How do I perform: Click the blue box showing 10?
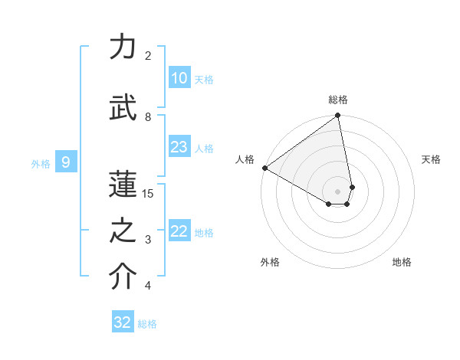coord(179,78)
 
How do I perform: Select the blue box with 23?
coord(179,147)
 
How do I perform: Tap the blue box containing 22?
coord(179,232)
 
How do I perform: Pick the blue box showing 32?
coord(123,322)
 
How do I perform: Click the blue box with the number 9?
coord(67,162)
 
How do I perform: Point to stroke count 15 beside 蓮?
coord(148,193)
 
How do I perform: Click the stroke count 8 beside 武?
coord(148,116)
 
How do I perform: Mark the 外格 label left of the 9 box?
coord(41,163)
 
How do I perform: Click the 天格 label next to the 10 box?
coord(204,80)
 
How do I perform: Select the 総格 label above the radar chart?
coord(338,100)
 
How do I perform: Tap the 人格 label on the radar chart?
coord(245,159)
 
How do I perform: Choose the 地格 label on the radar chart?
coord(402,262)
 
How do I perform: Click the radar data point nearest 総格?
coord(338,116)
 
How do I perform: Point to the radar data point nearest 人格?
coord(264,168)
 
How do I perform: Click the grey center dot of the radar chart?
coord(338,190)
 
